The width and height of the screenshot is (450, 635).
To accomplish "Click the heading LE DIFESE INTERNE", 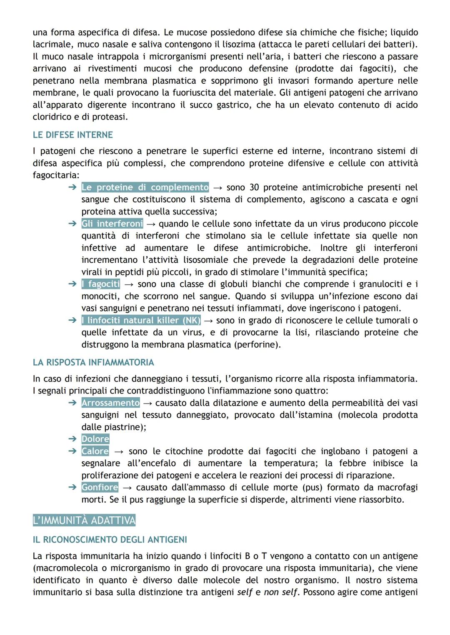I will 73,135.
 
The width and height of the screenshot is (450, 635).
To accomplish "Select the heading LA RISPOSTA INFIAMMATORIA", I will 93,362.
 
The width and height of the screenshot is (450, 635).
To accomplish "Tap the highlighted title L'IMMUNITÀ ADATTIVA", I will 84,520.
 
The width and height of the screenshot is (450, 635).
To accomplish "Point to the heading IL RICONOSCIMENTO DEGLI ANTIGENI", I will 110,540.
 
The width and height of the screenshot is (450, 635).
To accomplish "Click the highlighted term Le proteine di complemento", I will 145,187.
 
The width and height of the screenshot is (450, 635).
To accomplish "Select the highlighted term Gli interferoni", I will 112,224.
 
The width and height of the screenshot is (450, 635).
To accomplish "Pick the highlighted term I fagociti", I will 101,284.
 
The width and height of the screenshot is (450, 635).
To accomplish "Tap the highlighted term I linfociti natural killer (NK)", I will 141,320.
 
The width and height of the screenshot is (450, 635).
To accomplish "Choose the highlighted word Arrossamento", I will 110,403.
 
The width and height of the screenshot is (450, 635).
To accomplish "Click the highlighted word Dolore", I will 95,439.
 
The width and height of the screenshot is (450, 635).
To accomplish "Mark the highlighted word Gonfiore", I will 100,487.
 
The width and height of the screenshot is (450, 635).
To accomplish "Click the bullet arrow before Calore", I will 72,451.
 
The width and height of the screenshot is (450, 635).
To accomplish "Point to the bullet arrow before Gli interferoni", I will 72,224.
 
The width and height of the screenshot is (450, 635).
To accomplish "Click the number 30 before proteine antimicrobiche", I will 254,187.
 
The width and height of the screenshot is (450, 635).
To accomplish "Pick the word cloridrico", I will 52,117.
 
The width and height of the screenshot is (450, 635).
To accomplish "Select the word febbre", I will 352,463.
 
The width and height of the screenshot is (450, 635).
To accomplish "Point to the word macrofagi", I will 395,487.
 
